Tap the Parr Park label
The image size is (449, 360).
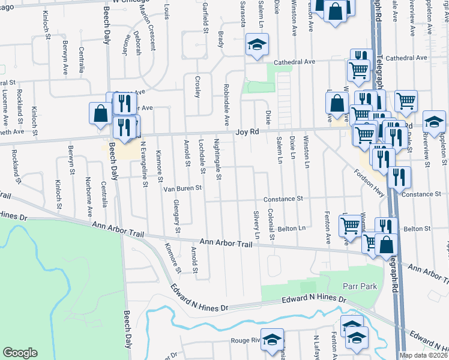click(x=360, y=286)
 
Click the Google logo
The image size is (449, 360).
click(x=20, y=353)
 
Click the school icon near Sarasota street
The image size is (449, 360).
click(x=258, y=45)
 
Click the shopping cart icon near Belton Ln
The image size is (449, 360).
click(x=350, y=226)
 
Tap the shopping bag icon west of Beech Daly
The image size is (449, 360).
click(x=100, y=113)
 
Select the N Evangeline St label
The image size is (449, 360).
click(x=144, y=164)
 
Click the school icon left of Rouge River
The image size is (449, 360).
click(x=272, y=339)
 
